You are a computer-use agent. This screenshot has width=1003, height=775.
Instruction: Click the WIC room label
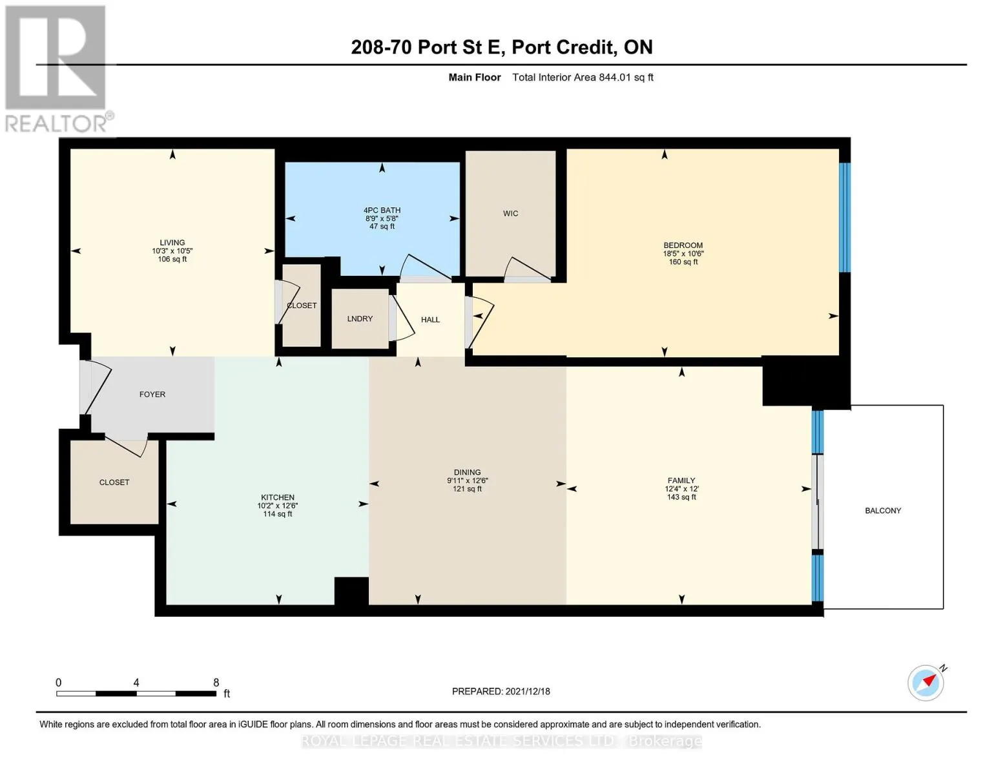pyautogui.click(x=510, y=213)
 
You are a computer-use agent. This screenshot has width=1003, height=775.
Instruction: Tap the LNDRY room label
pyautogui.click(x=360, y=318)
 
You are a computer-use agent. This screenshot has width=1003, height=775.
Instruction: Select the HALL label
pyautogui.click(x=430, y=320)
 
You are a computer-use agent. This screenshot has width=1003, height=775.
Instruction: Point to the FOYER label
pyautogui.click(x=152, y=394)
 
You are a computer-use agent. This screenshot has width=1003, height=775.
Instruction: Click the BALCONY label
pyautogui.click(x=883, y=510)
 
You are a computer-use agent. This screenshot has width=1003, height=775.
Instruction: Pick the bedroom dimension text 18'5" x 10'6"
pyautogui.click(x=683, y=253)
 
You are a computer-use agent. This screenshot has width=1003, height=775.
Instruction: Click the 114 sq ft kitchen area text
pyautogui.click(x=278, y=513)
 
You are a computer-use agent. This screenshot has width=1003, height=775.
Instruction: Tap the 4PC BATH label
pyautogui.click(x=382, y=210)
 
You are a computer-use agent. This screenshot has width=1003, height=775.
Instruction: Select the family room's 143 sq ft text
pyautogui.click(x=681, y=497)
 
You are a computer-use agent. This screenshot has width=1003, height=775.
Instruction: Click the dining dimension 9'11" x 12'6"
pyautogui.click(x=467, y=480)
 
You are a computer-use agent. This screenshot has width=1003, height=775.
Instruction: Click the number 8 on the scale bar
pyautogui.click(x=216, y=682)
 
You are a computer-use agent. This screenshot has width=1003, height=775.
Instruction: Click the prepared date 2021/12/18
pyautogui.click(x=528, y=692)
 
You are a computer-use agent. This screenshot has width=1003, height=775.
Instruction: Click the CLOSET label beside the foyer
pyautogui.click(x=114, y=482)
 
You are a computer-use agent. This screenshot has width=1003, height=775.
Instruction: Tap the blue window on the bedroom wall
pyautogui.click(x=844, y=218)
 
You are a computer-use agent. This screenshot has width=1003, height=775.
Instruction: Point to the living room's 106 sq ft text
pyautogui.click(x=172, y=259)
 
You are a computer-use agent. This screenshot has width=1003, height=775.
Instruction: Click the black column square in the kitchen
pyautogui.click(x=351, y=591)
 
